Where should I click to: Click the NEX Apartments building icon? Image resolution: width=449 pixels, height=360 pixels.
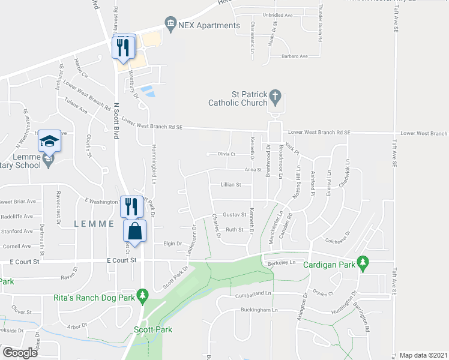pyautogui.click(x=170, y=25)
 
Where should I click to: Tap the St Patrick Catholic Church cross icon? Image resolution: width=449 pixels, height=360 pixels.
pyautogui.click(x=275, y=96)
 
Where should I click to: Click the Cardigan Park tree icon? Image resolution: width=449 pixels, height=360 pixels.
pyautogui.click(x=362, y=262)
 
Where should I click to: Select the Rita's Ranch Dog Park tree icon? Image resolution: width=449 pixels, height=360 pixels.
pyautogui.click(x=142, y=295)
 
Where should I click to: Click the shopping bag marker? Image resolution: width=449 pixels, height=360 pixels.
pyautogui.click(x=135, y=231)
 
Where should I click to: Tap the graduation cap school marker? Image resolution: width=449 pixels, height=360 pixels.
pyautogui.click(x=50, y=142)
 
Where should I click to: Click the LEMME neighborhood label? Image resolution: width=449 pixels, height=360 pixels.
pyautogui.click(x=94, y=224)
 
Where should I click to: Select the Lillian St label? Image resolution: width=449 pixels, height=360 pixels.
pyautogui.click(x=230, y=185)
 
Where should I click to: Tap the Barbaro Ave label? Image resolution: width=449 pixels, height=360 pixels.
pyautogui.click(x=294, y=56)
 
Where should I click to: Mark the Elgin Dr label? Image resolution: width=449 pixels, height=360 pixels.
pyautogui.click(x=172, y=244)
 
